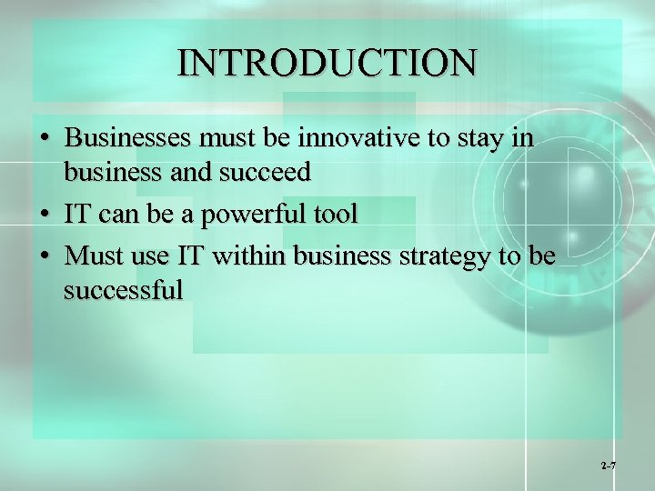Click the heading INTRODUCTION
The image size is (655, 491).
point(327,63)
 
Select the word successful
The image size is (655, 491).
point(124,289)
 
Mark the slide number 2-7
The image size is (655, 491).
point(609,466)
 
